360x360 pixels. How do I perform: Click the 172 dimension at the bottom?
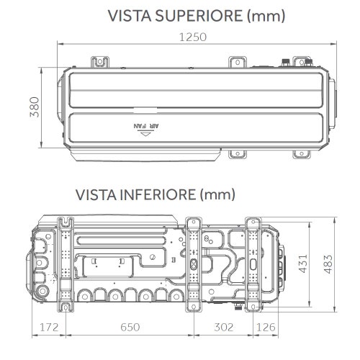tap(49, 328)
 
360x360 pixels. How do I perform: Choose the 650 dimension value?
tap(130, 328)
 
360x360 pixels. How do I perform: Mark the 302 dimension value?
tap(223, 328)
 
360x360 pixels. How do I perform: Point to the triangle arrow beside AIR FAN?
tap(147, 132)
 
